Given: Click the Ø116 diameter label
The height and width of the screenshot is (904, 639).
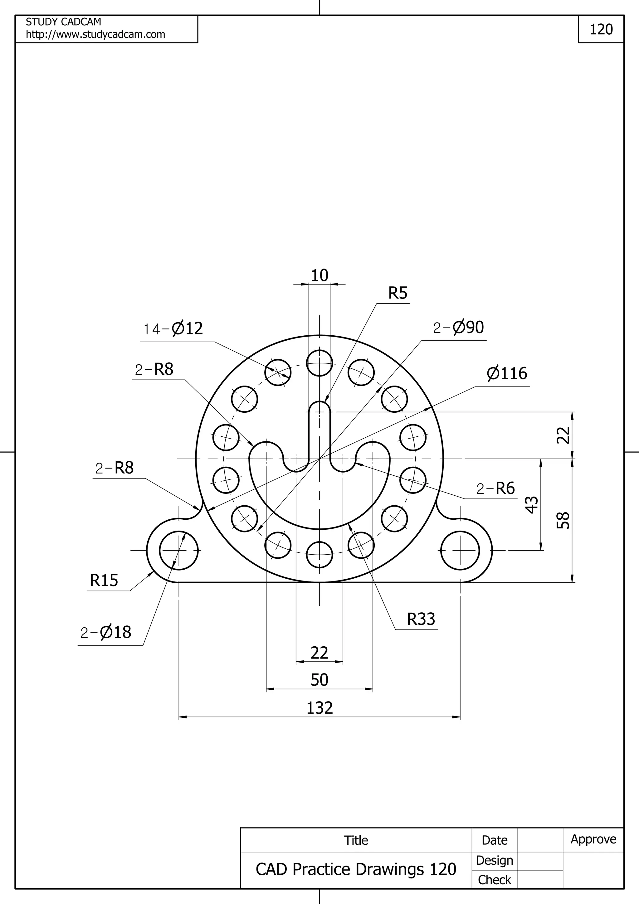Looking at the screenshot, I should [x=507, y=374].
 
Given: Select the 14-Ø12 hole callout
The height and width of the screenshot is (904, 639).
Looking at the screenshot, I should [x=173, y=328].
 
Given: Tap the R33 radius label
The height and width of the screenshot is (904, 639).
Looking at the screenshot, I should [x=421, y=619].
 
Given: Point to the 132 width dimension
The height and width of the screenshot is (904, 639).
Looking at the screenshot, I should [x=319, y=708].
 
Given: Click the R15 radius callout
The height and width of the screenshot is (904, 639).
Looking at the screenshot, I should [x=104, y=580].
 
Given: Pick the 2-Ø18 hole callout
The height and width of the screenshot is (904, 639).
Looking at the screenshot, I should [x=105, y=632].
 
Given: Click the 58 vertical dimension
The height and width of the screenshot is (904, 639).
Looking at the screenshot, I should [x=563, y=521].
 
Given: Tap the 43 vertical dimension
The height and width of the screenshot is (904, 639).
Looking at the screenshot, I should [x=532, y=505].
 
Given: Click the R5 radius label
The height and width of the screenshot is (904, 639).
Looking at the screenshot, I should [x=398, y=293].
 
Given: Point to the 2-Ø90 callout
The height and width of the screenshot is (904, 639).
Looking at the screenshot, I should [x=458, y=328].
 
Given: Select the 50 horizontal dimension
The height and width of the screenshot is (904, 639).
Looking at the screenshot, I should [x=319, y=680].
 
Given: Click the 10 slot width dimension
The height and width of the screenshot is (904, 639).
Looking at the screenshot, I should [x=319, y=276].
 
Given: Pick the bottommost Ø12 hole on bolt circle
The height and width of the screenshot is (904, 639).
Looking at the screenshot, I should [x=319, y=555].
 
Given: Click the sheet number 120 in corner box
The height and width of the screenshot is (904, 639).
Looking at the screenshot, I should [x=601, y=30].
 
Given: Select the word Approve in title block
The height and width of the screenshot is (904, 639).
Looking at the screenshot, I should [x=593, y=839].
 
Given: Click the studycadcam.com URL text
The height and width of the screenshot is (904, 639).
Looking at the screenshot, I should [x=95, y=35].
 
